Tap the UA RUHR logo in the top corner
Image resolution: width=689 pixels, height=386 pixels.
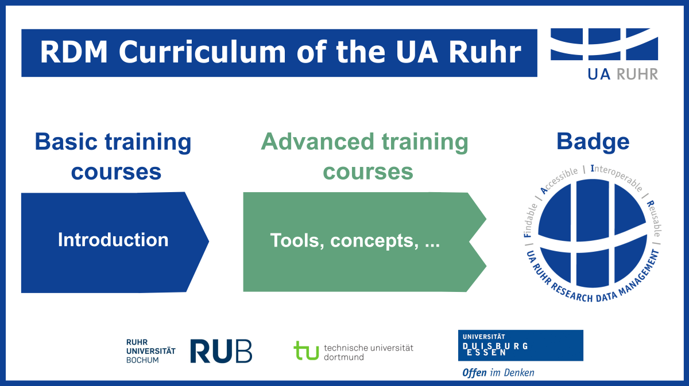point(604,53)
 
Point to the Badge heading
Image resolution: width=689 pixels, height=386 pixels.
point(593,141)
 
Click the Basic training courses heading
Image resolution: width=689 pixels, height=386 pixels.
point(113,156)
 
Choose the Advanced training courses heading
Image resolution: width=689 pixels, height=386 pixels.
point(365,156)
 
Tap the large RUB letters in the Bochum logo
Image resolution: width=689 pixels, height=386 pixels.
point(221,351)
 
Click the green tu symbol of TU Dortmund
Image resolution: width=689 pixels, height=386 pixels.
point(306,350)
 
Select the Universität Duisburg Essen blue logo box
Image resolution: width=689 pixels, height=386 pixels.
point(520,345)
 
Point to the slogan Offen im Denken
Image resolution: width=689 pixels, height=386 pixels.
point(498,373)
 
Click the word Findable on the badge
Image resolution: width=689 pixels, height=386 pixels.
point(530,221)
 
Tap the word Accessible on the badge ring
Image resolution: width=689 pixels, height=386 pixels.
point(558,181)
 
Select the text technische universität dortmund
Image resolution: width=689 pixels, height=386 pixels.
point(368,352)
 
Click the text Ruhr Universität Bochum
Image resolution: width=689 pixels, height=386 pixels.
point(150,351)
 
